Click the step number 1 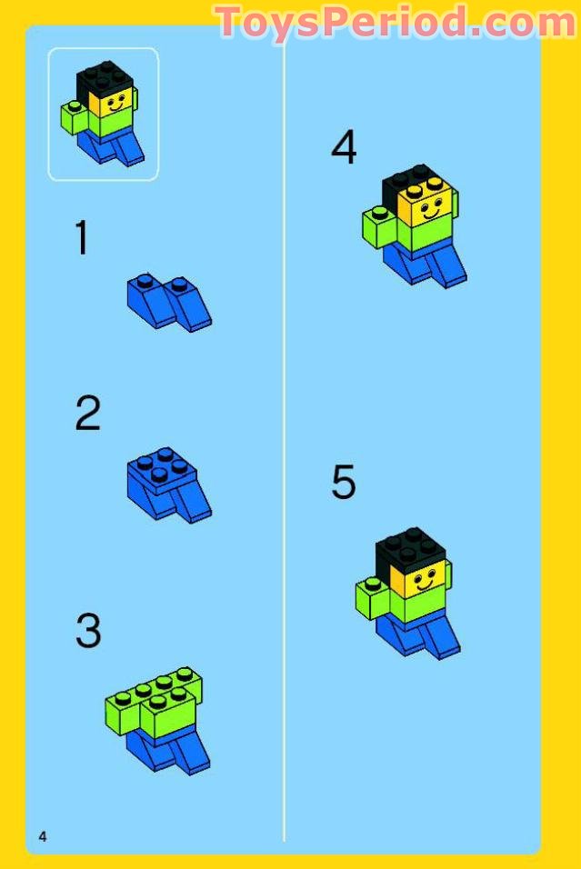click(82, 237)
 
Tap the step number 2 click(88, 413)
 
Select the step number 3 click(88, 630)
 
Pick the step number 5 click(344, 481)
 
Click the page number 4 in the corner click(43, 836)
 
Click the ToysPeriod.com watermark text click(396, 22)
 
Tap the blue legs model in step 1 click(169, 302)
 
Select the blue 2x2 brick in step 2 click(162, 470)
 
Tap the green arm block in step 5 click(372, 598)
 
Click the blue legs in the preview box click(111, 145)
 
